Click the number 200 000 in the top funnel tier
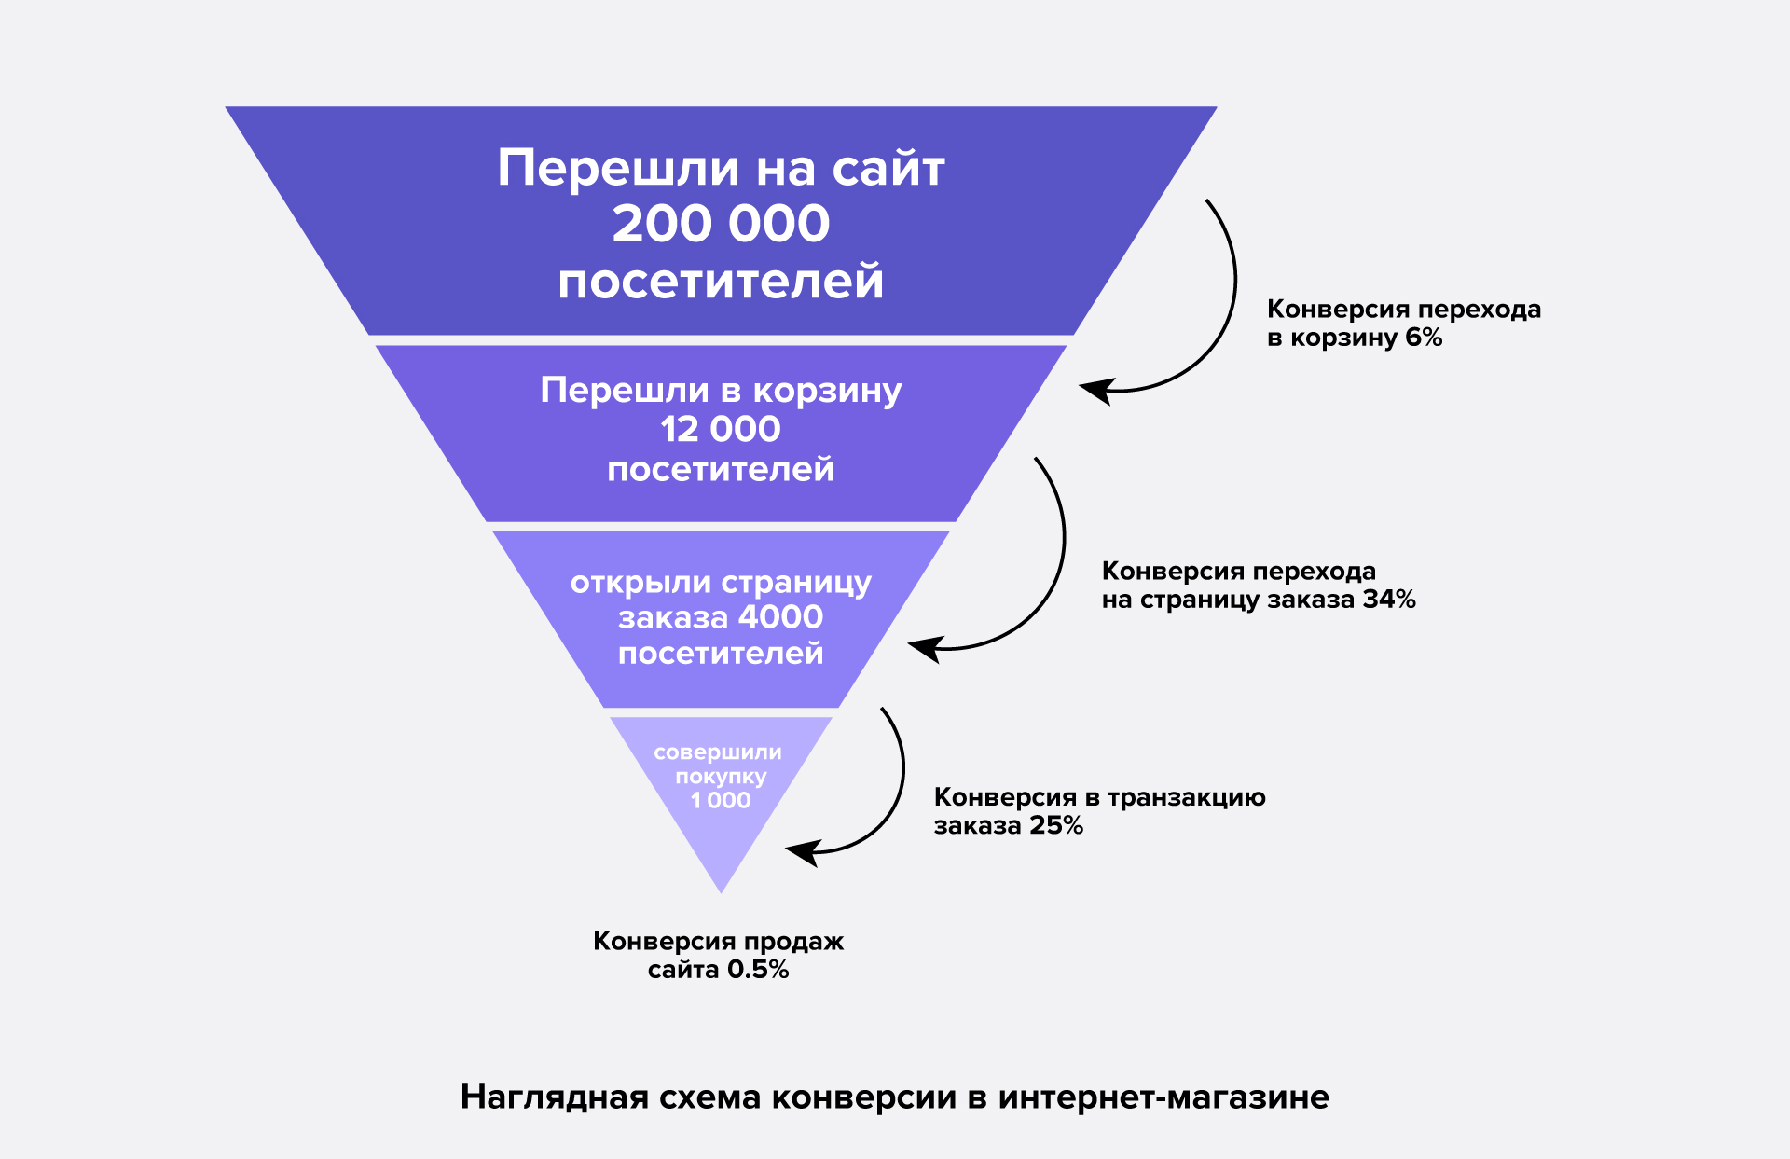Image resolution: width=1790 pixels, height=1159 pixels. click(721, 224)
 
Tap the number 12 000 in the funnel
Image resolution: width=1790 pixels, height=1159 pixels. click(721, 429)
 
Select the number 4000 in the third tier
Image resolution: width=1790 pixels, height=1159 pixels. click(780, 617)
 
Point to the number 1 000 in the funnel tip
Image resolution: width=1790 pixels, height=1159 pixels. click(721, 800)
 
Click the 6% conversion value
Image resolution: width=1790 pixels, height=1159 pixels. click(1424, 338)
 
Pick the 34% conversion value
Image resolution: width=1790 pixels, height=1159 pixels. click(1389, 600)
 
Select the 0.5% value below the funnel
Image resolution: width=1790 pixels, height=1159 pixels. click(758, 970)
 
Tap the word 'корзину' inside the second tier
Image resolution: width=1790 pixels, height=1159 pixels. click(827, 391)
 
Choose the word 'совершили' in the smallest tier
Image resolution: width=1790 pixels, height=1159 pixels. click(718, 752)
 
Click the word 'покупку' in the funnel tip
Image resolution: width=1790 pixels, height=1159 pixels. click(721, 777)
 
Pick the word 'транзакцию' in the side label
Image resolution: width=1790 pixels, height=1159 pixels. click(1187, 798)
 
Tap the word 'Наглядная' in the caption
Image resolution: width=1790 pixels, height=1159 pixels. click(555, 1097)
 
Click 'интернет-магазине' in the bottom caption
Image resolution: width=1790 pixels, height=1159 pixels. click(1163, 1097)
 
